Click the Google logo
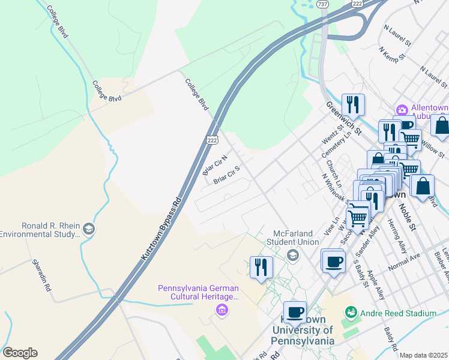(20, 353)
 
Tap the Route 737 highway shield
(324, 4)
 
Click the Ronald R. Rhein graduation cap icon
(89, 229)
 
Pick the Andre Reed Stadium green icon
(351, 313)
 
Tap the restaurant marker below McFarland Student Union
(261, 268)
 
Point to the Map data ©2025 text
(423, 355)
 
